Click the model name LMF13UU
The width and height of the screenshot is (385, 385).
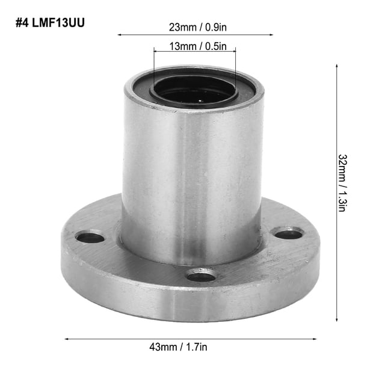coord(58,23)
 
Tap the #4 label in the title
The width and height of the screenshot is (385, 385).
coord(22,23)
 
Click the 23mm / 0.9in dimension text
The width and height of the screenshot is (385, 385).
coord(198,27)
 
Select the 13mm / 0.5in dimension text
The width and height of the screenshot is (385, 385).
coord(198,46)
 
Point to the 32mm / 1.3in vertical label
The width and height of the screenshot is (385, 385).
coord(342,183)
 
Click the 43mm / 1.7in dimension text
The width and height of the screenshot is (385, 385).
coord(178,347)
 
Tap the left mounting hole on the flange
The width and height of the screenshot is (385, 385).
coord(90,238)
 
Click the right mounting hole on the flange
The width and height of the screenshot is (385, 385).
coord(288,234)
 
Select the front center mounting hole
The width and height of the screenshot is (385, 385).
coord(201,277)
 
